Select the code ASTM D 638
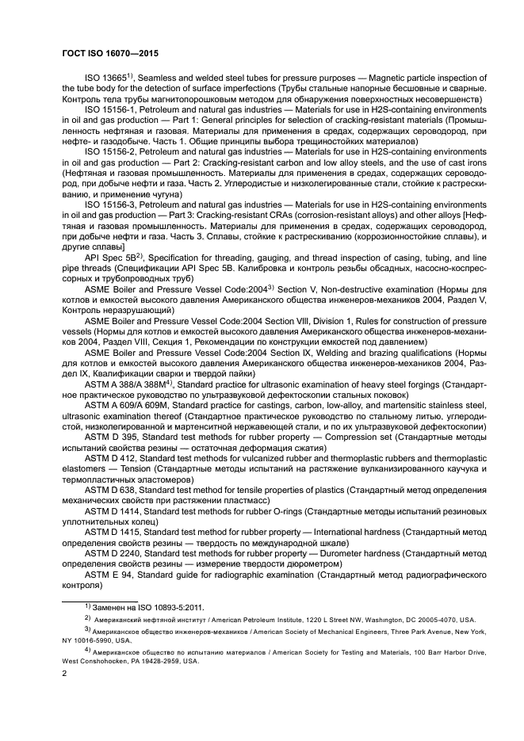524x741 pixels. [x=111, y=488]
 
